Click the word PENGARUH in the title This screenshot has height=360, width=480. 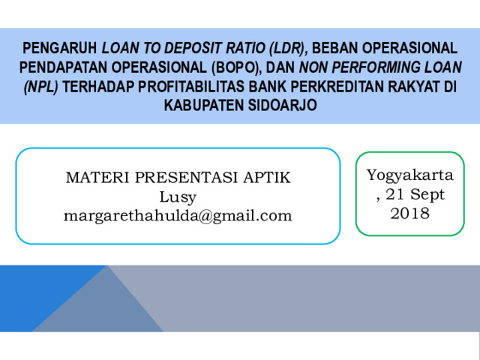pyautogui.click(x=60, y=48)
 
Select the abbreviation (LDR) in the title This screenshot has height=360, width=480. pyautogui.click(x=289, y=48)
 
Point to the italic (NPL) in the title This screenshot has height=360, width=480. pyautogui.click(x=41, y=87)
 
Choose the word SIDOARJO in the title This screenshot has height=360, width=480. pyautogui.click(x=282, y=105)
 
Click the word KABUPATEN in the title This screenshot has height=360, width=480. pyautogui.click(x=204, y=105)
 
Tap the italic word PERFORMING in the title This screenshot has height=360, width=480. pyautogui.click(x=376, y=67)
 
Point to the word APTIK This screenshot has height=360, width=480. pyautogui.click(x=267, y=178)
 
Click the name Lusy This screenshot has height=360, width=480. pyautogui.click(x=178, y=197)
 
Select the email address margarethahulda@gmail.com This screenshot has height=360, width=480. pyautogui.click(x=178, y=216)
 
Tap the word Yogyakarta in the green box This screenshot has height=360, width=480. pyautogui.click(x=410, y=175)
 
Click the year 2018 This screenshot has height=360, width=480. pyautogui.click(x=410, y=213)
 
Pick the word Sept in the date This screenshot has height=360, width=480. pyautogui.click(x=427, y=195)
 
